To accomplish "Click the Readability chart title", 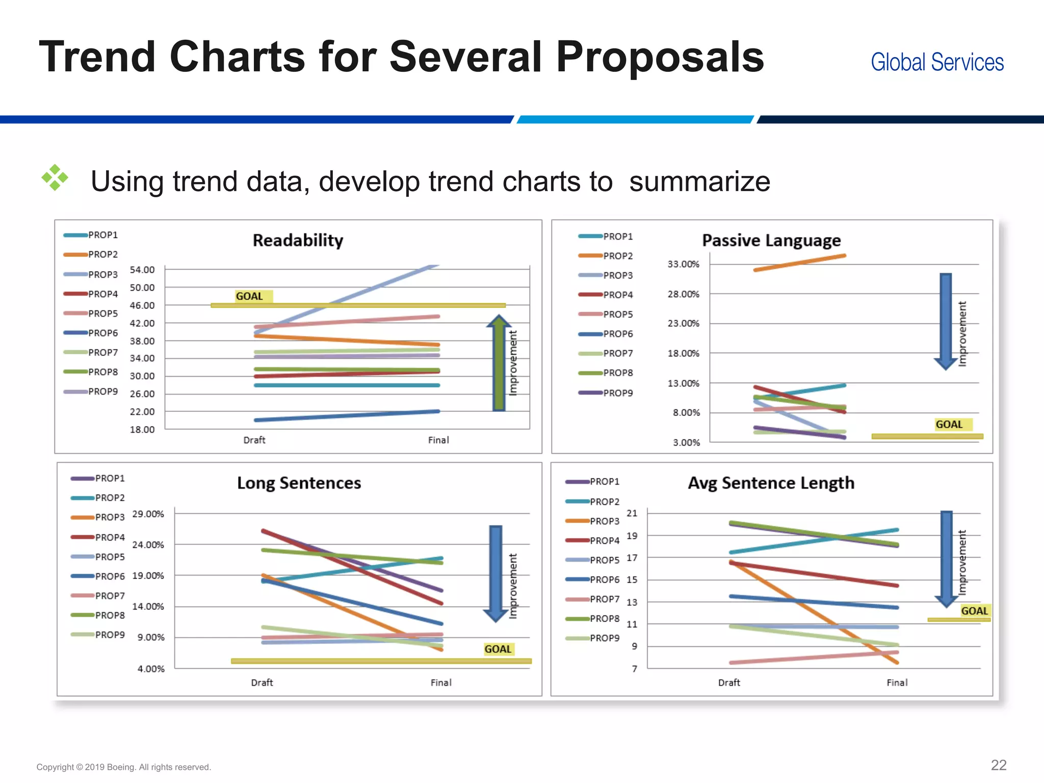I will [298, 240].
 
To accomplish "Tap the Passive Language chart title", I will [771, 240].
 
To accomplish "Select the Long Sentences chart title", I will [299, 483].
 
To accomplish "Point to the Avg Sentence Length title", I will [771, 483].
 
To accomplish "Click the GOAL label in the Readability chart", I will [249, 296].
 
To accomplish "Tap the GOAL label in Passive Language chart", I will [949, 424].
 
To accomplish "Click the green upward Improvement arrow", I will [499, 363].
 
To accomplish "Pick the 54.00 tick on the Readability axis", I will [142, 270].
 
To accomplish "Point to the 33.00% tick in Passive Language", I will [683, 264].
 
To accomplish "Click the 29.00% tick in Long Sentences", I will [148, 514].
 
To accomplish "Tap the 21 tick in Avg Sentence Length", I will [632, 513].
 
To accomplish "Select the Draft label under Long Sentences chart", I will [262, 683].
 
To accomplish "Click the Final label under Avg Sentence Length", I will [897, 683].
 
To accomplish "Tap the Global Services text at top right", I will [937, 62].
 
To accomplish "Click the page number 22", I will [998, 765].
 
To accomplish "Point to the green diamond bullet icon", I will [55, 178].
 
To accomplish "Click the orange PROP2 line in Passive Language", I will [799, 263].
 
